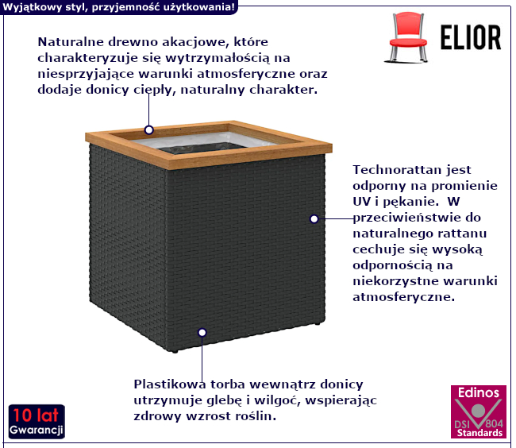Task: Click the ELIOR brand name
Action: pyautogui.click(x=470, y=37)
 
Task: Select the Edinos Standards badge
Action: pyautogui.click(x=478, y=411)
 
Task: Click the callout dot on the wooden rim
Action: pyautogui.click(x=148, y=129)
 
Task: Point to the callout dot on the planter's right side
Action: pyautogui.click(x=314, y=218)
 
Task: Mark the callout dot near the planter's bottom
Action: pyautogui.click(x=202, y=332)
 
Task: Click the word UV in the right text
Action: pyautogui.click(x=363, y=201)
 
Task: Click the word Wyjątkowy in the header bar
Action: pyautogui.click(x=34, y=6)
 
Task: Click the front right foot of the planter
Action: pyautogui.click(x=317, y=323)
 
